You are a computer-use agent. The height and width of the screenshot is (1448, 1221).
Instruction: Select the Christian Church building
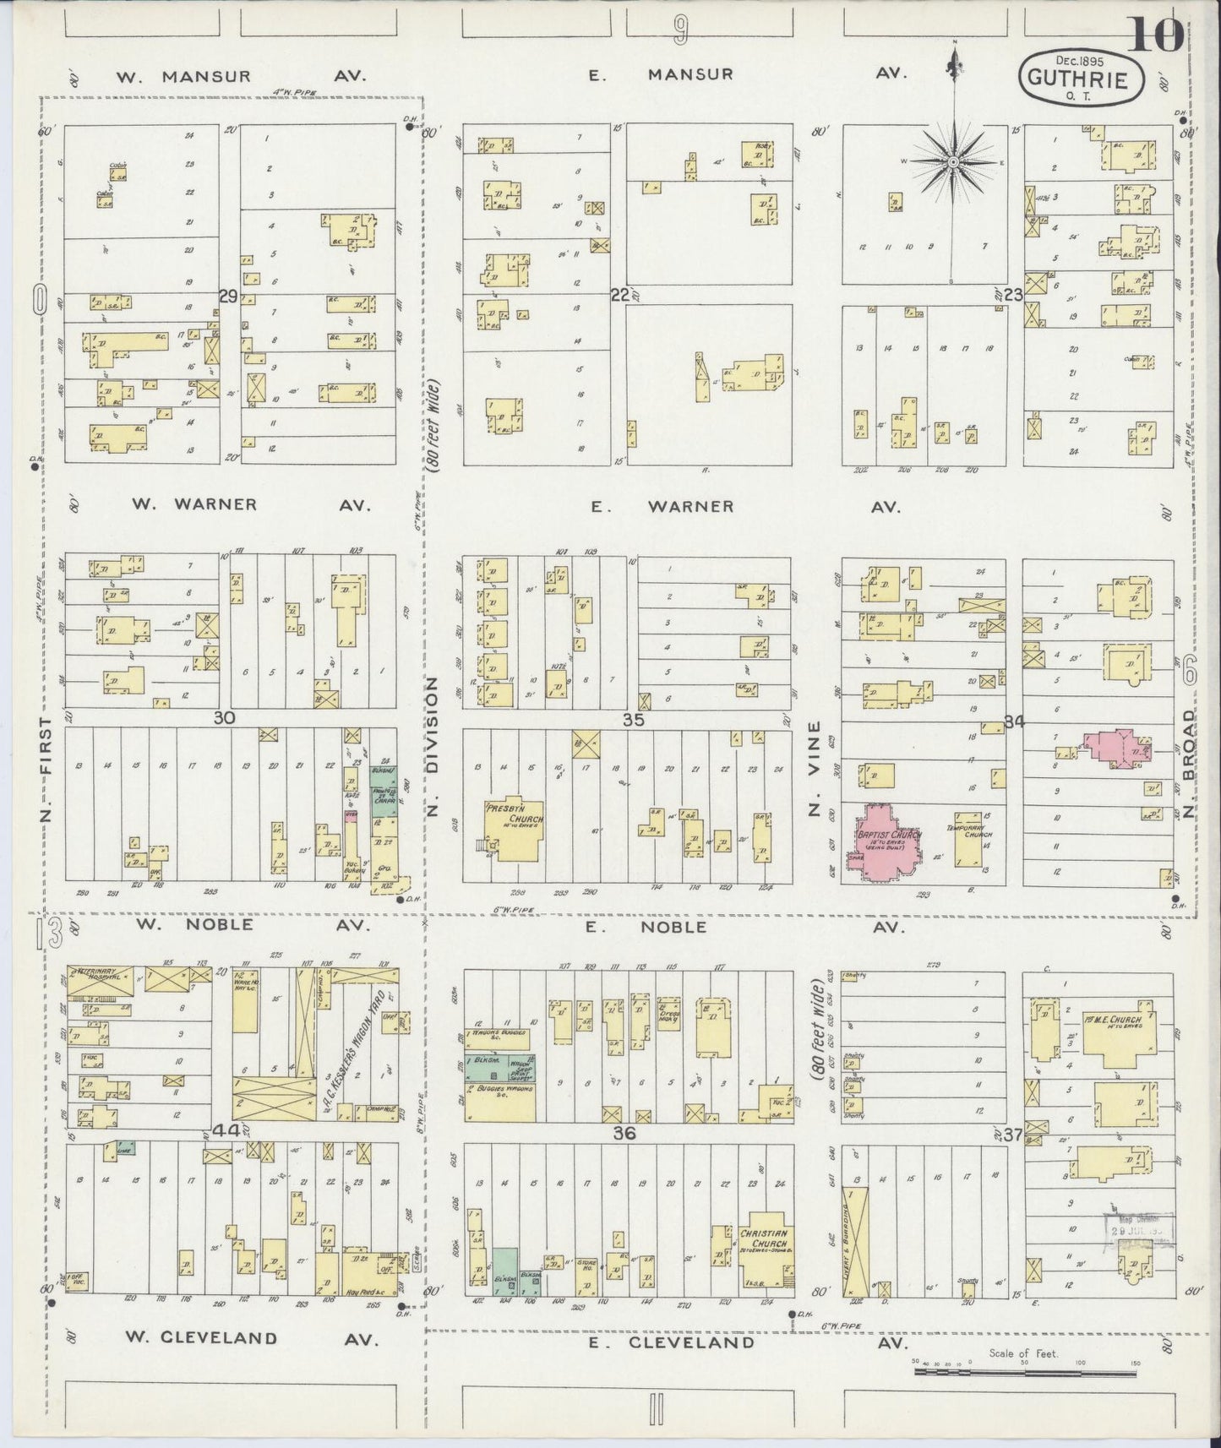coord(766,1250)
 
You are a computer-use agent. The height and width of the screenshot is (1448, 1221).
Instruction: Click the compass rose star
coord(954,161)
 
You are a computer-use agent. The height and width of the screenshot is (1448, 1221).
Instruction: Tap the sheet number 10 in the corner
coord(1155,35)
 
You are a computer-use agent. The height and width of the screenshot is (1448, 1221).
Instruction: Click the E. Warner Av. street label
coord(744,507)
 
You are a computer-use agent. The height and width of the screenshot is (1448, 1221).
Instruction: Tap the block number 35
coord(635,720)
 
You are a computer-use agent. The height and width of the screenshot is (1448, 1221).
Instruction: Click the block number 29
coord(227,297)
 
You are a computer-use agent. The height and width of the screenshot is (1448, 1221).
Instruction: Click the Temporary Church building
coord(968,836)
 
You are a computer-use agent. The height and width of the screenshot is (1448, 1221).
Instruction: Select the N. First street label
coord(46,770)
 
